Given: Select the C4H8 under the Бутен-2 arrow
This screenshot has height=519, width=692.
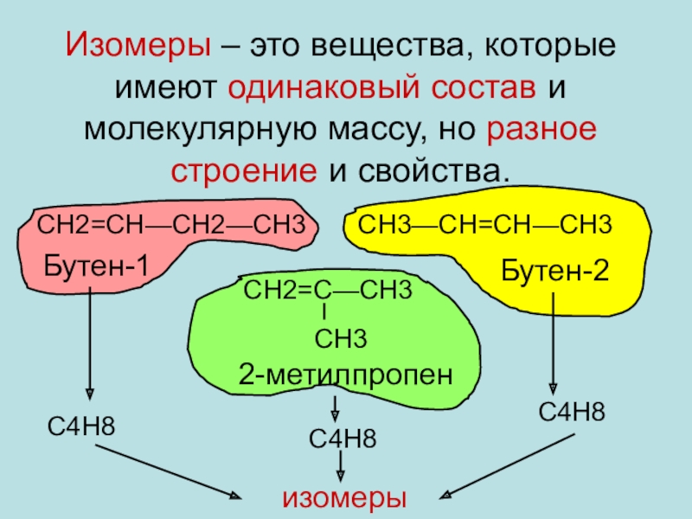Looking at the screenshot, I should [571, 412].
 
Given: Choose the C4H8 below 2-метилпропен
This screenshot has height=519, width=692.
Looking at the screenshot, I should [343, 439].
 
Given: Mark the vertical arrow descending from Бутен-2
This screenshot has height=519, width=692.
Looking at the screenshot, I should [553, 342].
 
